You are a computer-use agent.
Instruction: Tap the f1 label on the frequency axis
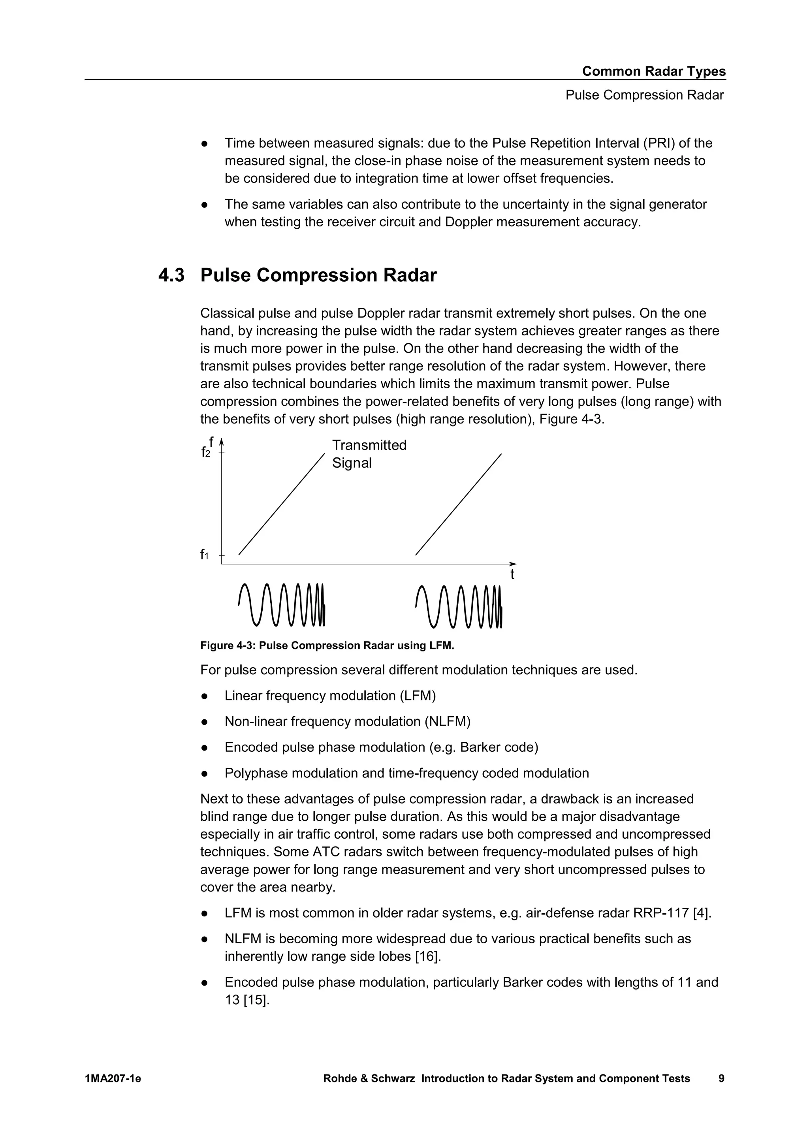click(x=204, y=555)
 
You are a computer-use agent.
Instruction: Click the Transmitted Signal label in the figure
click(x=369, y=454)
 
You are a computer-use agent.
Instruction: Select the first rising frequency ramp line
click(x=282, y=504)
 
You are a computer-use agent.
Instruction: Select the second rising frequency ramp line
click(x=458, y=504)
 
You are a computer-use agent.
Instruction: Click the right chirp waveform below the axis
click(x=458, y=606)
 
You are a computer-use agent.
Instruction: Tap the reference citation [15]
click(x=256, y=999)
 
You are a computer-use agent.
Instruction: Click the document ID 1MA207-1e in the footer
click(x=113, y=1079)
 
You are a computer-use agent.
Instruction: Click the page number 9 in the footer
click(x=721, y=1079)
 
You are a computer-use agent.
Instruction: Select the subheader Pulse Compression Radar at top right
click(x=644, y=95)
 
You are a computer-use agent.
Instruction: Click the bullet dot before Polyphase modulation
click(x=204, y=774)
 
